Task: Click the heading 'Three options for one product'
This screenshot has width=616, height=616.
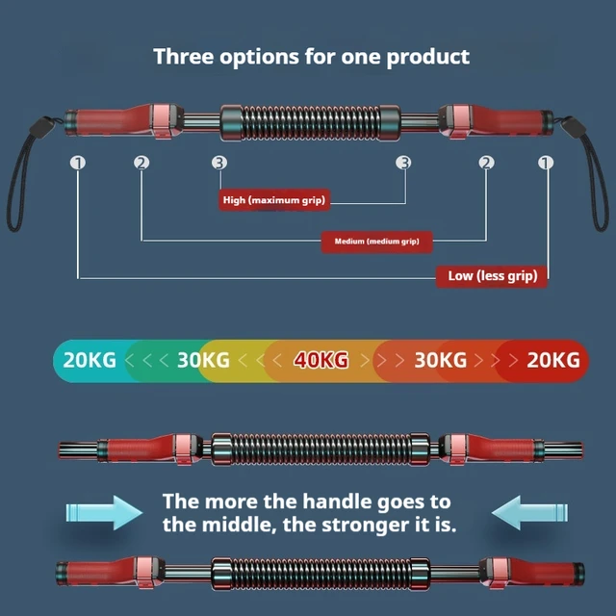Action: click(311, 56)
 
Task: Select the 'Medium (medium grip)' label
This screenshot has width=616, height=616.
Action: click(376, 241)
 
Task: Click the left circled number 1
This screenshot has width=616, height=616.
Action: click(77, 163)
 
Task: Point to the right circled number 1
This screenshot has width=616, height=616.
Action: click(546, 163)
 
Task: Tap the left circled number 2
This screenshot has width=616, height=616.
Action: click(142, 163)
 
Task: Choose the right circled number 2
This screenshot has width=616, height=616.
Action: click(486, 163)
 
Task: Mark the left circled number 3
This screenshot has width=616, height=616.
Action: click(219, 163)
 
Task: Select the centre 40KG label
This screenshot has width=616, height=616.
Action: click(321, 360)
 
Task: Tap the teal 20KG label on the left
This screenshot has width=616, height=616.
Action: click(89, 360)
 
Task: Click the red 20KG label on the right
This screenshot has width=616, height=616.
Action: click(553, 360)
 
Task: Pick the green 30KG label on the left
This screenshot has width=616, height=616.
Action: click(202, 360)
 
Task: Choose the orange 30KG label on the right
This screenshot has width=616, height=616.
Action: click(440, 360)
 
